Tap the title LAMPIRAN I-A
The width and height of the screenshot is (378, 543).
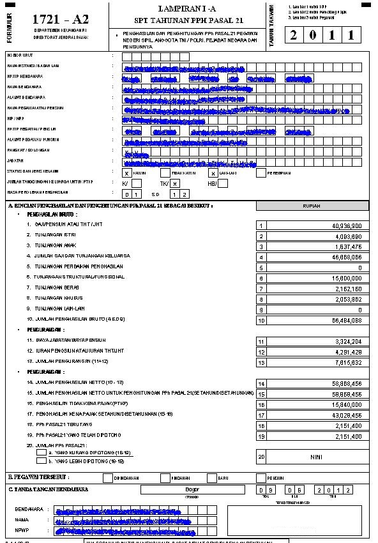coord(187,8)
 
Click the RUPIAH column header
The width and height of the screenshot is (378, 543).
coord(312,206)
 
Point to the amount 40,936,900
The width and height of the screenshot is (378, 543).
coord(347,226)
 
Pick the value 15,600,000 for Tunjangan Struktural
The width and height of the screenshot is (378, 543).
coord(347,279)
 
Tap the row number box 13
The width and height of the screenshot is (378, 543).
coord(261,362)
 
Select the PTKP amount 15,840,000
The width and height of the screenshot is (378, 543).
coord(347,404)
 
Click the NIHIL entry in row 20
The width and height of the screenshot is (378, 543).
coord(317,457)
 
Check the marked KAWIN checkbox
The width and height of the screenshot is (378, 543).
coord(127,172)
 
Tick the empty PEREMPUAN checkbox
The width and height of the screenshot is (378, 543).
coord(261,172)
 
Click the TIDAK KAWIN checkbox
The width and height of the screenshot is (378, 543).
coord(165,172)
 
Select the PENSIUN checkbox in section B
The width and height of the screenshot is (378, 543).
coord(261,477)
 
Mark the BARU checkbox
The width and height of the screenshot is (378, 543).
coord(213,477)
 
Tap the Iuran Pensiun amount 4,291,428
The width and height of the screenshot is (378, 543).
coord(347,351)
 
